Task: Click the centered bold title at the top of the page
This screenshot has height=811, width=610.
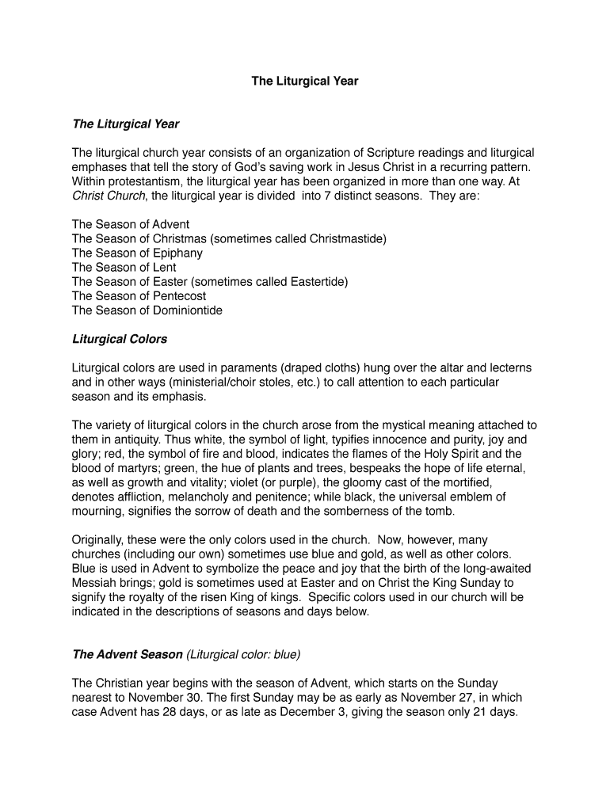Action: pyautogui.click(x=305, y=81)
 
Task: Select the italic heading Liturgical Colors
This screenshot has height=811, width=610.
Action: pyautogui.click(x=120, y=339)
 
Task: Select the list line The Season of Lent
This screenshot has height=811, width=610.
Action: pyautogui.click(x=124, y=268)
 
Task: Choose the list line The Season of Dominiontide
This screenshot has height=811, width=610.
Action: pyautogui.click(x=147, y=310)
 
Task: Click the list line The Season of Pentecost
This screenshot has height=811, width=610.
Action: pyautogui.click(x=139, y=296)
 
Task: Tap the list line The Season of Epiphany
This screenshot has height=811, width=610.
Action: pyautogui.click(x=137, y=253)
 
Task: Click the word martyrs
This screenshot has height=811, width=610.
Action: pyautogui.click(x=131, y=468)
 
